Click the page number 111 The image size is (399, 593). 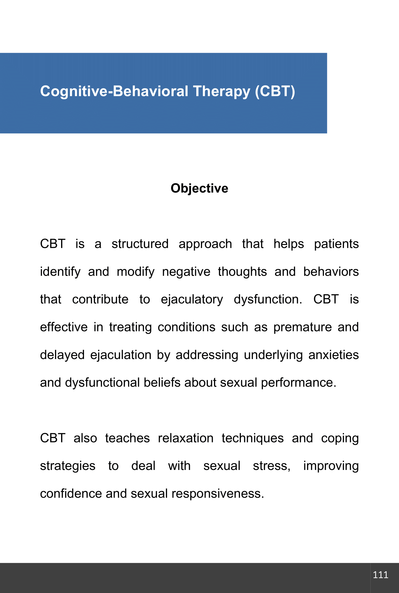tap(380, 575)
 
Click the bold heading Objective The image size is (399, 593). tap(199, 188)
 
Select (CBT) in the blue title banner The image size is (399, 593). tap(275, 91)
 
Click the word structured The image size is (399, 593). tap(140, 244)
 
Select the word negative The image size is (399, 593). tap(186, 272)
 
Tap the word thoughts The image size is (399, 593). tap(242, 272)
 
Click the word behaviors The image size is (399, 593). tap(331, 272)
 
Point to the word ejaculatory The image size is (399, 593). tap(192, 300)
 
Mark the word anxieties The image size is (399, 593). tap(334, 355)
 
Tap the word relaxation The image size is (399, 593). tap(186, 438)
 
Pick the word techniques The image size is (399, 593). tap(252, 438)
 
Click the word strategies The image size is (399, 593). tap(67, 466)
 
